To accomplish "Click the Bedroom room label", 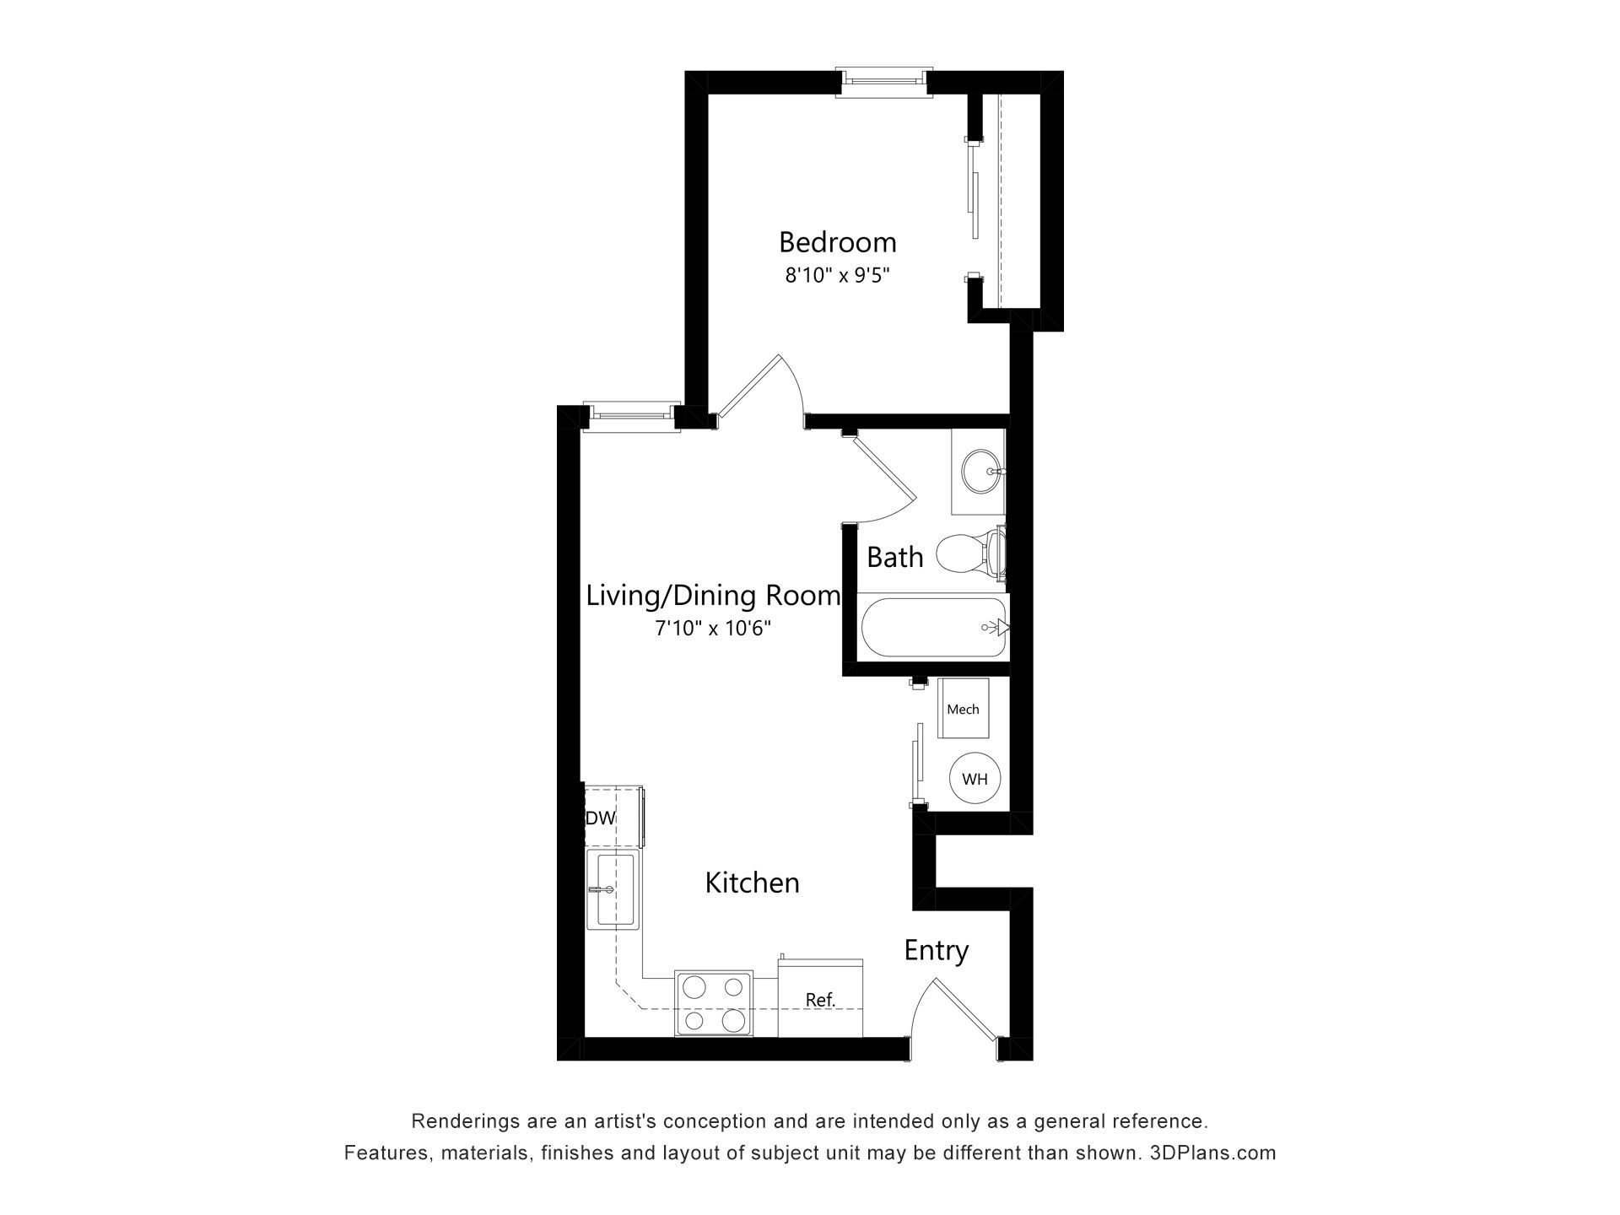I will pyautogui.click(x=837, y=243).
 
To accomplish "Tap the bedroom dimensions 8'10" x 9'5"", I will pyautogui.click(x=838, y=275).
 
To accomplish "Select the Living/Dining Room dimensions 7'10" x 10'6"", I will pyautogui.click(x=713, y=629).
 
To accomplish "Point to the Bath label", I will pyautogui.click(x=894, y=558).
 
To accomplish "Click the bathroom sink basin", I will pyautogui.click(x=979, y=471).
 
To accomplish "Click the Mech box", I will pyautogui.click(x=963, y=709).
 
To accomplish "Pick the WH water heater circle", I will pyautogui.click(x=975, y=779).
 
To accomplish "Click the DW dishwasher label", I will pyautogui.click(x=600, y=818).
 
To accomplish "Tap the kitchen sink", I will pyautogui.click(x=613, y=889).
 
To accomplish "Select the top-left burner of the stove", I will pyautogui.click(x=694, y=986).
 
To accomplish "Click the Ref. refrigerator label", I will pyautogui.click(x=820, y=1001).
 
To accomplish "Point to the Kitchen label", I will pyautogui.click(x=752, y=883).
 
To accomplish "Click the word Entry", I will pyautogui.click(x=936, y=951).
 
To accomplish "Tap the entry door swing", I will pyautogui.click(x=953, y=1012).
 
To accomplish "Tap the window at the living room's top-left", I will pyautogui.click(x=633, y=413).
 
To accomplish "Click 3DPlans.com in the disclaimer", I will pyautogui.click(x=1212, y=1153).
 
